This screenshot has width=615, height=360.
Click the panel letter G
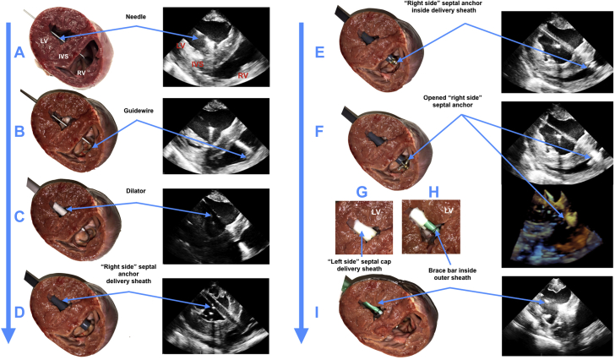tap(362, 193)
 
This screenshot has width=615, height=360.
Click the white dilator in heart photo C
tap(59, 205)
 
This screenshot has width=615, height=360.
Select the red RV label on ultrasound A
tap(242, 76)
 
